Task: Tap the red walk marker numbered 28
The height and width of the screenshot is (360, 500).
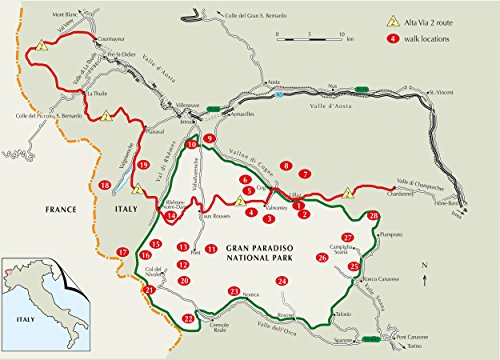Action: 374,216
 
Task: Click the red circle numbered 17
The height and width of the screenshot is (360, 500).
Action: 122,251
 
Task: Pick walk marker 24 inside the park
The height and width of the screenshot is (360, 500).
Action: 282,282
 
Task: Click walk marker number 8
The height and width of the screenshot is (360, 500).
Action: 286,166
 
